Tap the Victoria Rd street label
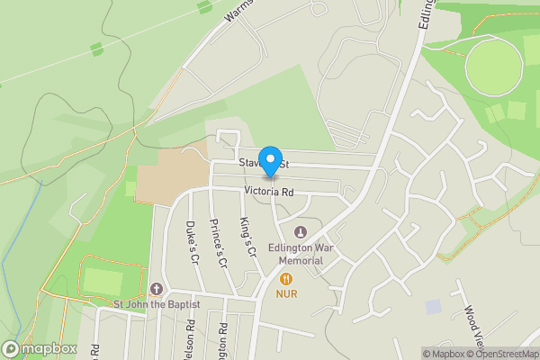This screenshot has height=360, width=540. [268, 192]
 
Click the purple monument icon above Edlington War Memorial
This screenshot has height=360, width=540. [301, 234]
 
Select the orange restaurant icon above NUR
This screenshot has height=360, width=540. [286, 279]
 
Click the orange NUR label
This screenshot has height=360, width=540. [287, 294]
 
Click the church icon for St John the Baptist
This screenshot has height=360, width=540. [157, 289]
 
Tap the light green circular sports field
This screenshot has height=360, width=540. [494, 67]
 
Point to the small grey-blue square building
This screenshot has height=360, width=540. [435, 307]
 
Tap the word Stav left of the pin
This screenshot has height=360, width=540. [249, 165]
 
